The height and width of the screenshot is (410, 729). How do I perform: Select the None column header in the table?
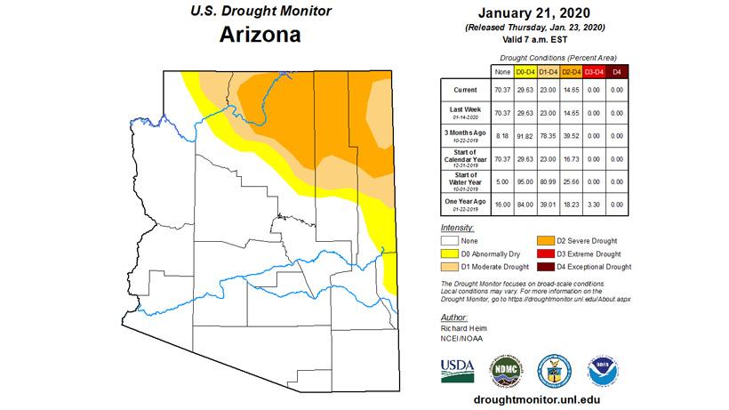tap(502, 70)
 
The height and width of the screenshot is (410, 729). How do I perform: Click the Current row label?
tap(465, 90)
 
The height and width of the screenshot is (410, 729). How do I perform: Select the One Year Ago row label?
tap(465, 204)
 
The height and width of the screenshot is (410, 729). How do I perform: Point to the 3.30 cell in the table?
tap(593, 204)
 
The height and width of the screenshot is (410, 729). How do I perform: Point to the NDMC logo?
tap(505, 367)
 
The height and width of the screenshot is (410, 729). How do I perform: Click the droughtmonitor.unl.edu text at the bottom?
tap(542, 399)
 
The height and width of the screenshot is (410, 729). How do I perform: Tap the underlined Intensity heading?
tap(458, 228)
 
